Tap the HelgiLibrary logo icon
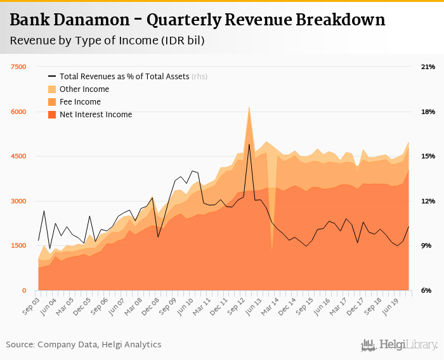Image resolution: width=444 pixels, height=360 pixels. pos(368,345)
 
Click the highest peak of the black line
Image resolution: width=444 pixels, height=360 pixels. pos(249,145)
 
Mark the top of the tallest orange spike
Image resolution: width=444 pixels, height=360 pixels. pos(249,107)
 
